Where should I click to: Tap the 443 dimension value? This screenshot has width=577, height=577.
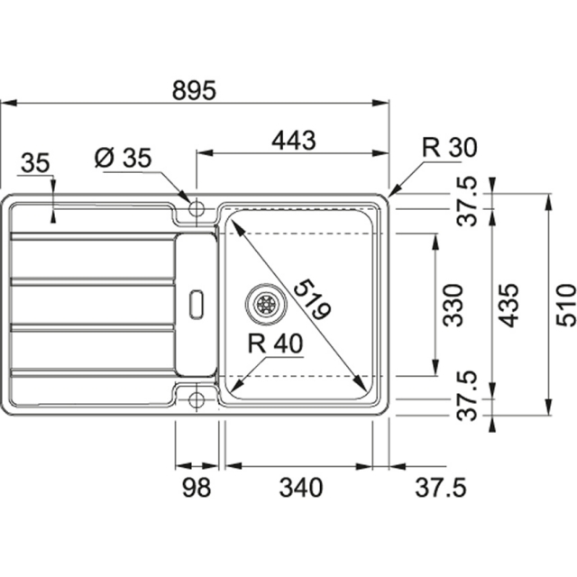(x=294, y=141)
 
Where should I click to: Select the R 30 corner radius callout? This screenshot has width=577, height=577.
(x=449, y=148)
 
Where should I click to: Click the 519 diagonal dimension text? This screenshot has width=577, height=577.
(x=310, y=297)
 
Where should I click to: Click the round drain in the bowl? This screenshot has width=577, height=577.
(x=266, y=303)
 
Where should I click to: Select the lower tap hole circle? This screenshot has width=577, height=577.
(x=196, y=398)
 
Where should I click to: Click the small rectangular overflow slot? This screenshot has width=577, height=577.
(x=196, y=303)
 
